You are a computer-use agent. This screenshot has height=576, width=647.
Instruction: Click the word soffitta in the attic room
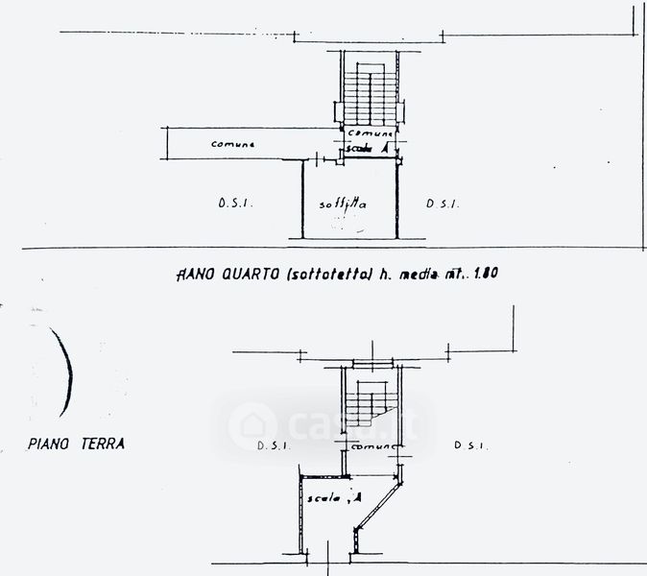coord(345,204)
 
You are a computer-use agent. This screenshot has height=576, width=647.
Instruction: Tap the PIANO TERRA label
coord(76,444)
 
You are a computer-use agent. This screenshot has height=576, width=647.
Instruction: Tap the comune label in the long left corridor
coord(233,144)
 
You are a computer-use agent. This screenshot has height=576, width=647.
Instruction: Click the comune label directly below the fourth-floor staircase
coord(370,133)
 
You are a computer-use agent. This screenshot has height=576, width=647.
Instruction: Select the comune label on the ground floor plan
coord(372,447)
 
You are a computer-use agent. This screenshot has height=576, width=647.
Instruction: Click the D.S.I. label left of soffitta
coord(234,203)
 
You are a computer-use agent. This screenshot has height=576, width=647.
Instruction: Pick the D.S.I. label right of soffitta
coord(443,203)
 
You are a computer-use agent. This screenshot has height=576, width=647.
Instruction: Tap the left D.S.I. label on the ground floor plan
coord(275,446)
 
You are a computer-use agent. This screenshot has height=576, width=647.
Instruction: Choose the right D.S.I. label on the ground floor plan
coord(472,446)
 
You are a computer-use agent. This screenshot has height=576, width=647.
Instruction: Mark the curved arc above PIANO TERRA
coord(65,370)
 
